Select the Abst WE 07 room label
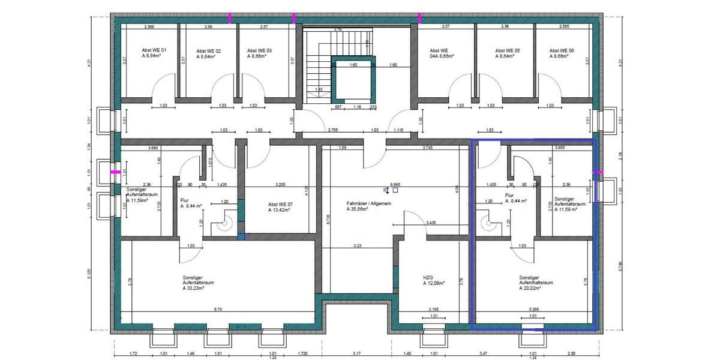pos(280,204)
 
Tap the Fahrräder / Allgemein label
pos(369,203)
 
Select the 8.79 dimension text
pos(220,310)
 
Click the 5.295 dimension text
pos(536,310)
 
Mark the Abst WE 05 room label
pos(507,50)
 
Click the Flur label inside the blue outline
pos(509,195)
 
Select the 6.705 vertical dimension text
pos(328,221)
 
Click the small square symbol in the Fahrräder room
pos(395,190)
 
